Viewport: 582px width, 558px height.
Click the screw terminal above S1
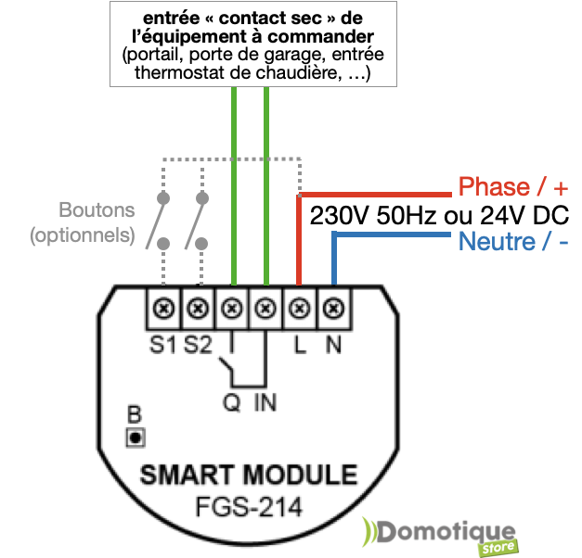click(x=164, y=307)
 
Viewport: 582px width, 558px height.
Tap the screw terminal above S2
click(x=198, y=307)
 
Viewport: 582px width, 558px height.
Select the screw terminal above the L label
click(x=300, y=307)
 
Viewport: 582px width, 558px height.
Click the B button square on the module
click(x=136, y=436)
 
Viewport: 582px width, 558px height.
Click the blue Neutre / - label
click(x=513, y=242)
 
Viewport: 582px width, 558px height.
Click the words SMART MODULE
click(x=248, y=476)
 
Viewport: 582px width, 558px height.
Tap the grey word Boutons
click(x=97, y=210)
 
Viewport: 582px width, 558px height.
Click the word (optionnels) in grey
click(x=83, y=235)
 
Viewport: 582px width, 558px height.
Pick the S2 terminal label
click(x=198, y=344)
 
